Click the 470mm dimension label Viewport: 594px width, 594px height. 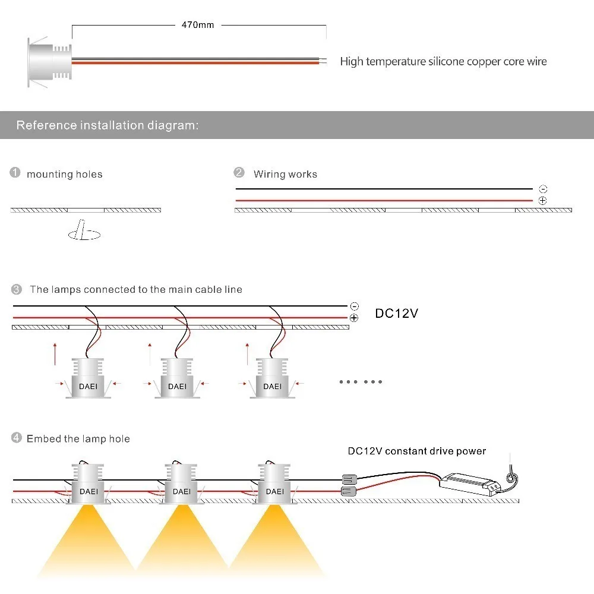(197, 25)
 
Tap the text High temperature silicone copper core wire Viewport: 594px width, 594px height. (443, 61)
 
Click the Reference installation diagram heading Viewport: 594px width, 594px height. (107, 125)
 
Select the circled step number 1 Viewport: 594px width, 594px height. (15, 173)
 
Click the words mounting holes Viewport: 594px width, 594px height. (64, 174)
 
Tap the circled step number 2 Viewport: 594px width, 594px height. (239, 173)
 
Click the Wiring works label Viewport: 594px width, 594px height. (285, 174)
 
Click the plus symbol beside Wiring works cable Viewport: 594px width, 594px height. (542, 201)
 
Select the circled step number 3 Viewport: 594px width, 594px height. (17, 289)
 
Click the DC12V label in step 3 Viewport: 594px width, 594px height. (396, 313)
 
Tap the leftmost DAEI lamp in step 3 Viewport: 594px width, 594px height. (89, 378)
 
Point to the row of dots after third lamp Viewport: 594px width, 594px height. (361, 381)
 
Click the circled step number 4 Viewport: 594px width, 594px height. (16, 438)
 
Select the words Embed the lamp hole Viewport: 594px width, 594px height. (78, 439)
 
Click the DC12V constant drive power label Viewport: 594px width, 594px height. (416, 451)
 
